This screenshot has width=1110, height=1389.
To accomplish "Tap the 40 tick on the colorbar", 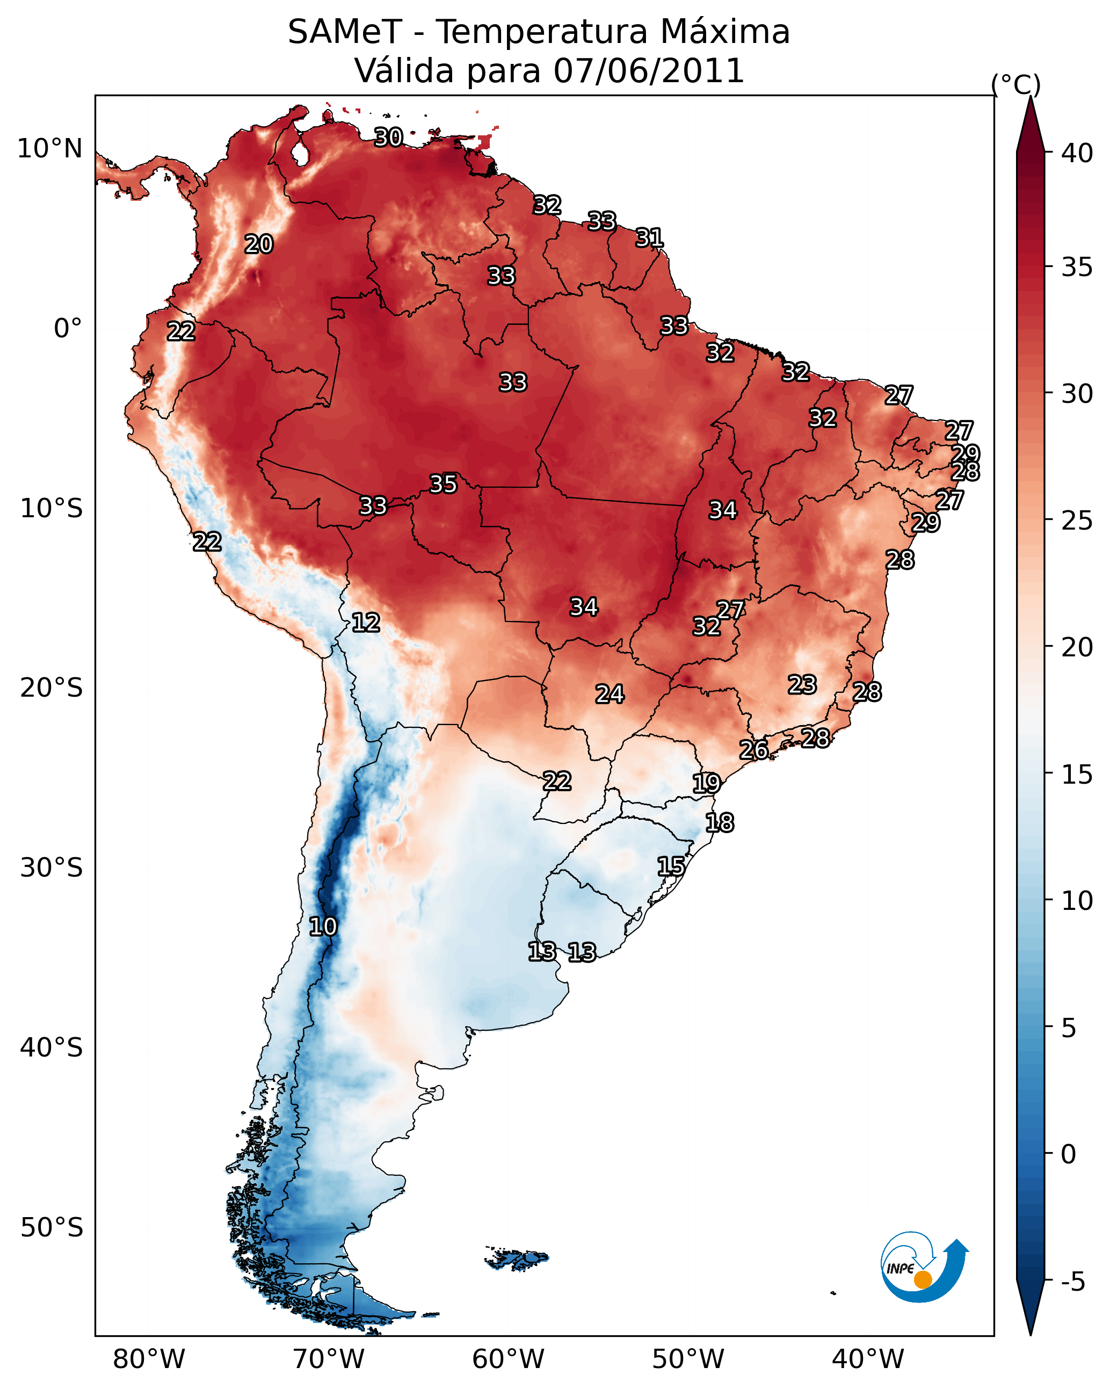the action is point(1077,153).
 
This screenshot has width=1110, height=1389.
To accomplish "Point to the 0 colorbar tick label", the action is point(1069,1154).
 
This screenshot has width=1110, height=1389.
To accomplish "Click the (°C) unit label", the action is point(1016,84).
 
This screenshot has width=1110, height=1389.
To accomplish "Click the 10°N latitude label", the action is point(49,149).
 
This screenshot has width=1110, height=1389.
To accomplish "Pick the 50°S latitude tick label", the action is point(52,1228).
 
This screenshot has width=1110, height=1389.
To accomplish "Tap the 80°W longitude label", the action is point(149,1359).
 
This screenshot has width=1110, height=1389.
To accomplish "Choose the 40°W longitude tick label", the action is point(868,1359).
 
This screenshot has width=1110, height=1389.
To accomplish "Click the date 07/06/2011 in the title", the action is point(649,71).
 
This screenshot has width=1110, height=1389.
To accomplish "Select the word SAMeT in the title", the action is point(345,32).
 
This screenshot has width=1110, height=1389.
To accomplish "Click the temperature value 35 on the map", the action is point(443,484).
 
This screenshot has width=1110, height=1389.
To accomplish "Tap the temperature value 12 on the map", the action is point(366,623).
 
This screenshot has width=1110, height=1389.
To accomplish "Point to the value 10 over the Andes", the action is point(323,927).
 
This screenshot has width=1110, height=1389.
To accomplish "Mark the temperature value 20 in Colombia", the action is point(259,244).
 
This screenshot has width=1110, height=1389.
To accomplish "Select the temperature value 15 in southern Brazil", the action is point(671,866).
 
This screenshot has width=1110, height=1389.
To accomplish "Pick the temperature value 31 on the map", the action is point(649,238).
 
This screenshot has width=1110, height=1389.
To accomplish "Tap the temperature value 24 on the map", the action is point(610,694).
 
